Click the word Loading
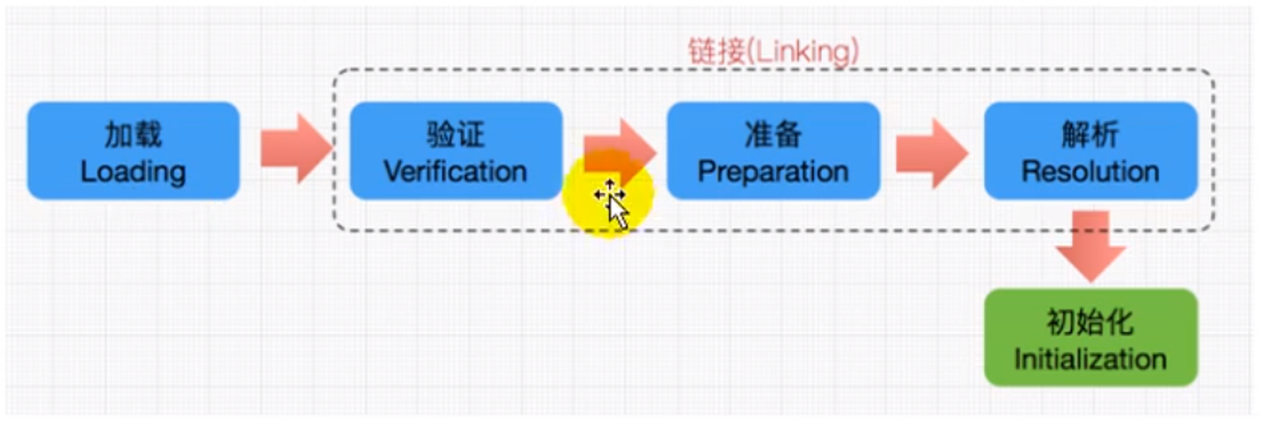coord(133,172)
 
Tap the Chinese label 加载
coord(133,135)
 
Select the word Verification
coord(455,172)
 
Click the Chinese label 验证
coord(455,135)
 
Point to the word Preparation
coord(773,172)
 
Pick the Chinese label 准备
coord(773,135)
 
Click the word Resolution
coord(1090,172)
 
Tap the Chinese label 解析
coord(1090,135)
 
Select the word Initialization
coord(1090,359)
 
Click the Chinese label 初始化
coord(1090,322)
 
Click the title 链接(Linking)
coord(773,51)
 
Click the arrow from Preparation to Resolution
coord(930,153)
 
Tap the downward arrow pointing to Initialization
coord(1090,246)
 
